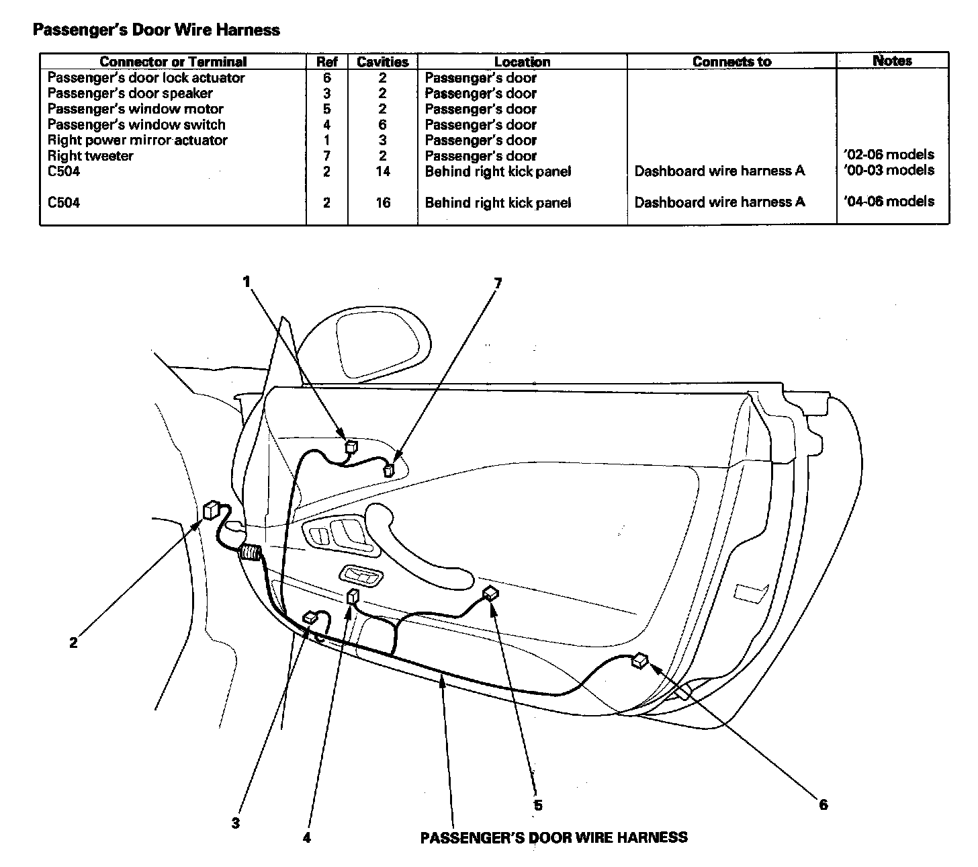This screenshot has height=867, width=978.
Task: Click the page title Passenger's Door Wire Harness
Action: (x=157, y=30)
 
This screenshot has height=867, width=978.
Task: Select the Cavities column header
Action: (x=382, y=62)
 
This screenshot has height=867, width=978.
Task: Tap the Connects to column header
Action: (x=731, y=62)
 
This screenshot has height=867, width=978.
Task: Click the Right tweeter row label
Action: (x=90, y=156)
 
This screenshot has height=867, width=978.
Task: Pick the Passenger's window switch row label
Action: (x=136, y=124)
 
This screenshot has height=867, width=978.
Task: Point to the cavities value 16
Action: (x=383, y=202)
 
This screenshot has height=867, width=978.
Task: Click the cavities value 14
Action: (x=383, y=171)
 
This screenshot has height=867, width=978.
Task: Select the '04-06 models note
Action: (x=889, y=201)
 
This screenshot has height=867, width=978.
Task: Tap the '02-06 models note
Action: (x=889, y=155)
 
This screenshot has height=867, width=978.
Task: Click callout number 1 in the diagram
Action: (x=247, y=282)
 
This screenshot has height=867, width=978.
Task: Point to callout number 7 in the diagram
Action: (x=498, y=283)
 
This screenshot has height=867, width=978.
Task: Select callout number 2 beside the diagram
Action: (x=73, y=643)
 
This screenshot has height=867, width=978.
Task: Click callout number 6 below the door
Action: (x=824, y=804)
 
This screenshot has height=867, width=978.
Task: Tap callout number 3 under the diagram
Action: (x=236, y=823)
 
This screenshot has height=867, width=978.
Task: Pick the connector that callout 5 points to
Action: (x=491, y=593)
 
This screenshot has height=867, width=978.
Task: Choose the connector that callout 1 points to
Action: (x=351, y=445)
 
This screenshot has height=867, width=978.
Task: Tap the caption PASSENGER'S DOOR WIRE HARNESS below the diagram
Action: (x=553, y=837)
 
